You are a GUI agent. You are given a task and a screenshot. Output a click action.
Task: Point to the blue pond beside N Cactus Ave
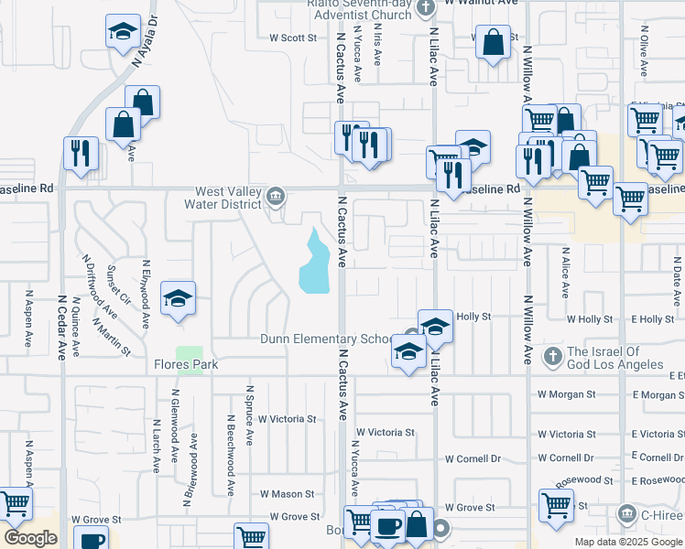coord(314,263)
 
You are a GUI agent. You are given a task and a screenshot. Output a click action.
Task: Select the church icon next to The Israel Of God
coord(551,354)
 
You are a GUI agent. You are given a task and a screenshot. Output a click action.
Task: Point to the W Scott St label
coord(293,38)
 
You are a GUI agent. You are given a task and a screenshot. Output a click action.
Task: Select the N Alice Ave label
coord(565,272)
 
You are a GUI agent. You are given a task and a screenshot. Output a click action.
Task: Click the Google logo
coord(31,538)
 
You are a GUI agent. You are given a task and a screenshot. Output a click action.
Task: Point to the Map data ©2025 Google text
coord(628,542)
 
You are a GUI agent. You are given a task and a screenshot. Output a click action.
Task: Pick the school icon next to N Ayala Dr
coord(123,33)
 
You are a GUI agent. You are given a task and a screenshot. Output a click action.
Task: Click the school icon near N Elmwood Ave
coord(179,298)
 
